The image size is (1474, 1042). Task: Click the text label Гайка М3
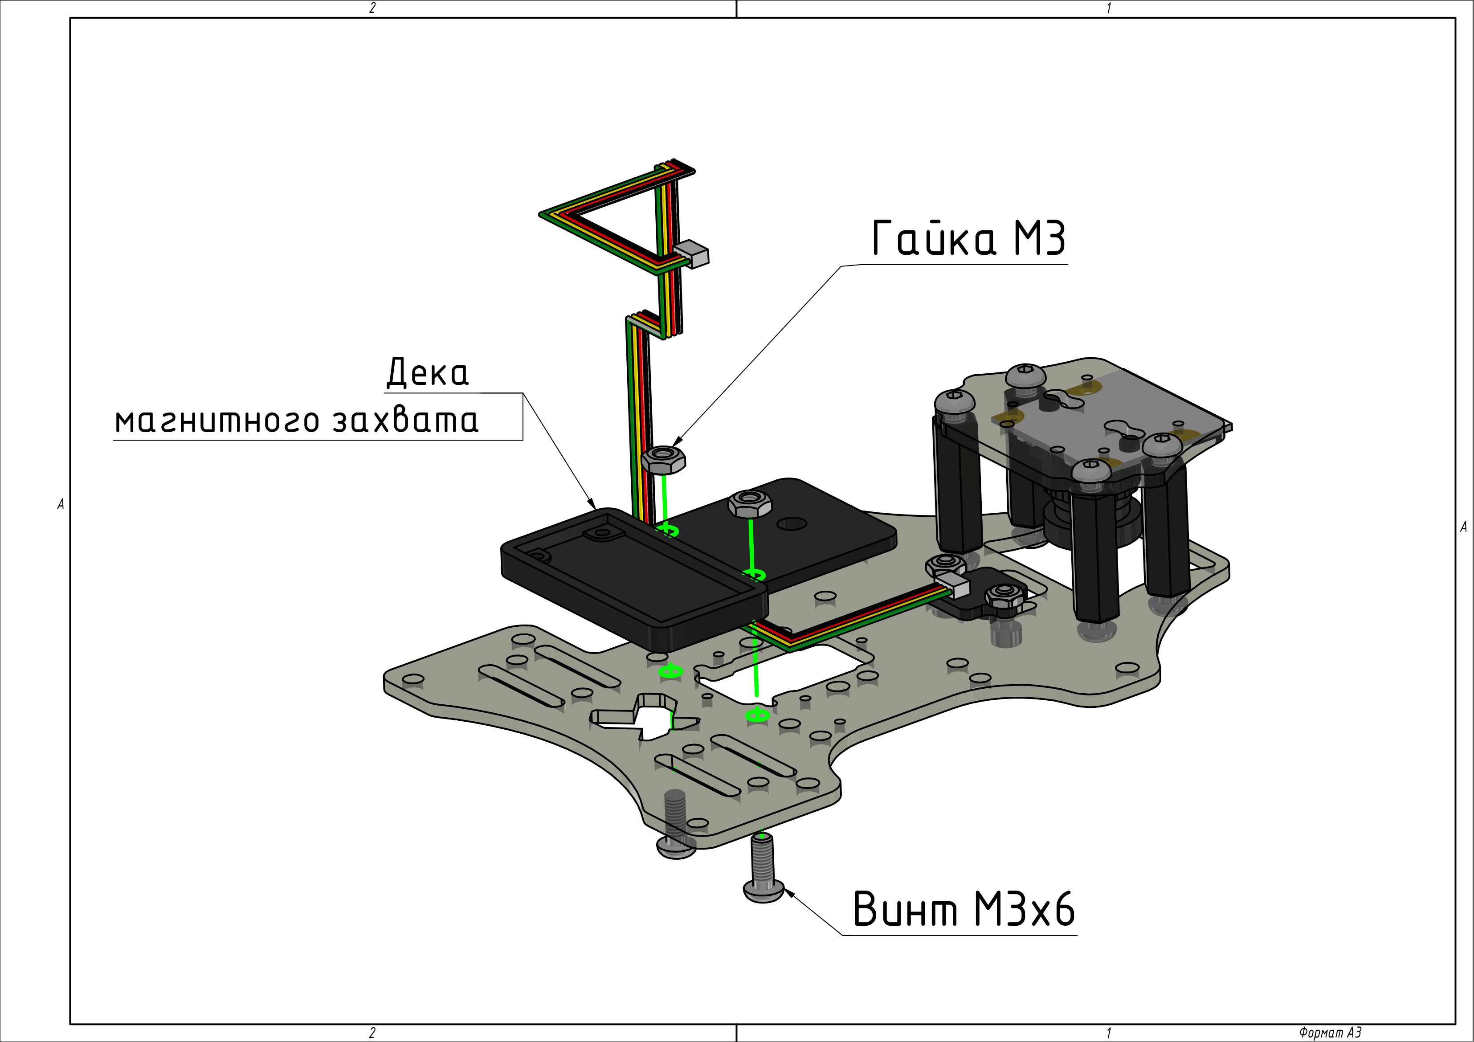pos(969,238)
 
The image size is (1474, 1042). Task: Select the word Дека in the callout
pos(428,372)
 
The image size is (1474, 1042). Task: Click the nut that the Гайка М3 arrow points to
pos(664,460)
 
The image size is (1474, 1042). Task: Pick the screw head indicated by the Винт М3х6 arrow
pos(764,891)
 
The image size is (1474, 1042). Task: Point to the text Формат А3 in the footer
pos(1330,1032)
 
